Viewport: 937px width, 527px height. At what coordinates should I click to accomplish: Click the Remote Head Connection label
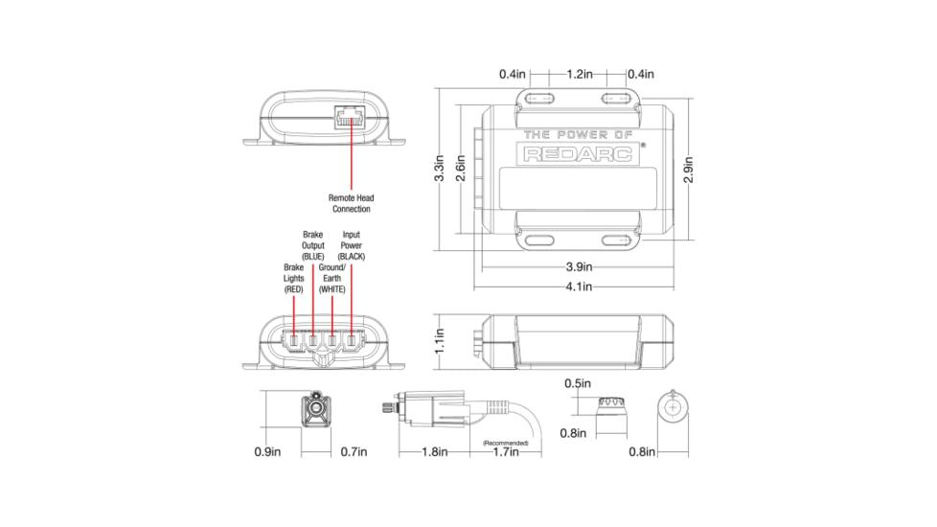coord(351,203)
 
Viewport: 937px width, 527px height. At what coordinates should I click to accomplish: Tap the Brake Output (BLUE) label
coord(313,245)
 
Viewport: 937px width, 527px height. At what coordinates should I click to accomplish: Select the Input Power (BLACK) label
coord(352,245)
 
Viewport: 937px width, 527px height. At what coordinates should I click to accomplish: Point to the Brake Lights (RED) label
coord(293,278)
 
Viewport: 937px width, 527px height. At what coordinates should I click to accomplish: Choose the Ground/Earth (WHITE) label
coord(331,278)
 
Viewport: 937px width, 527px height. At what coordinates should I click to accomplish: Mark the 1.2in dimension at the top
coord(579,74)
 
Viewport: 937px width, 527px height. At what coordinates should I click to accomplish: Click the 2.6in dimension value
coord(461,169)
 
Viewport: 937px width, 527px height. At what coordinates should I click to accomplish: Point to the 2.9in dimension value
coord(688,169)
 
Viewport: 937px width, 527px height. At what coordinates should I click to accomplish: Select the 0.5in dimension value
coord(575,385)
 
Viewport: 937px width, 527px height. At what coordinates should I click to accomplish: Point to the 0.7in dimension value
coord(354,451)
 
